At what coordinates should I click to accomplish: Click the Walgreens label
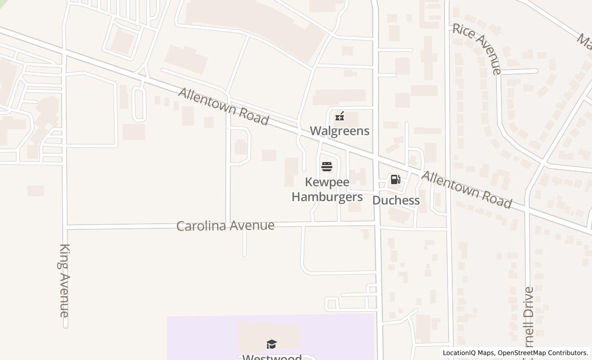[339, 131]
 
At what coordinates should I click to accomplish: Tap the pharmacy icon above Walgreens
[339, 116]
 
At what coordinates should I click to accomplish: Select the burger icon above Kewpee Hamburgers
[327, 167]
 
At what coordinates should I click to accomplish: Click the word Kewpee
[327, 182]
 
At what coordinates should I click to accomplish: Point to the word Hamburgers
[327, 196]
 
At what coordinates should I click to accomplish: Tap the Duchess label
[396, 200]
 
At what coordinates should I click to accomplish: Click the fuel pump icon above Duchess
[395, 179]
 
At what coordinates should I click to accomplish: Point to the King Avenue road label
[64, 280]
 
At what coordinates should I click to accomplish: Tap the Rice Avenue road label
[476, 48]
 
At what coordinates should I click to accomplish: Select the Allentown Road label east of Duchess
[467, 190]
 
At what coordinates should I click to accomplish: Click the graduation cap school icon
[271, 344]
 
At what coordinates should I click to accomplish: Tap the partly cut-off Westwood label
[271, 356]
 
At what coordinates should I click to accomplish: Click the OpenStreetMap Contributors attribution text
[543, 353]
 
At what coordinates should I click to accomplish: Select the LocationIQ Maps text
[468, 353]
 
